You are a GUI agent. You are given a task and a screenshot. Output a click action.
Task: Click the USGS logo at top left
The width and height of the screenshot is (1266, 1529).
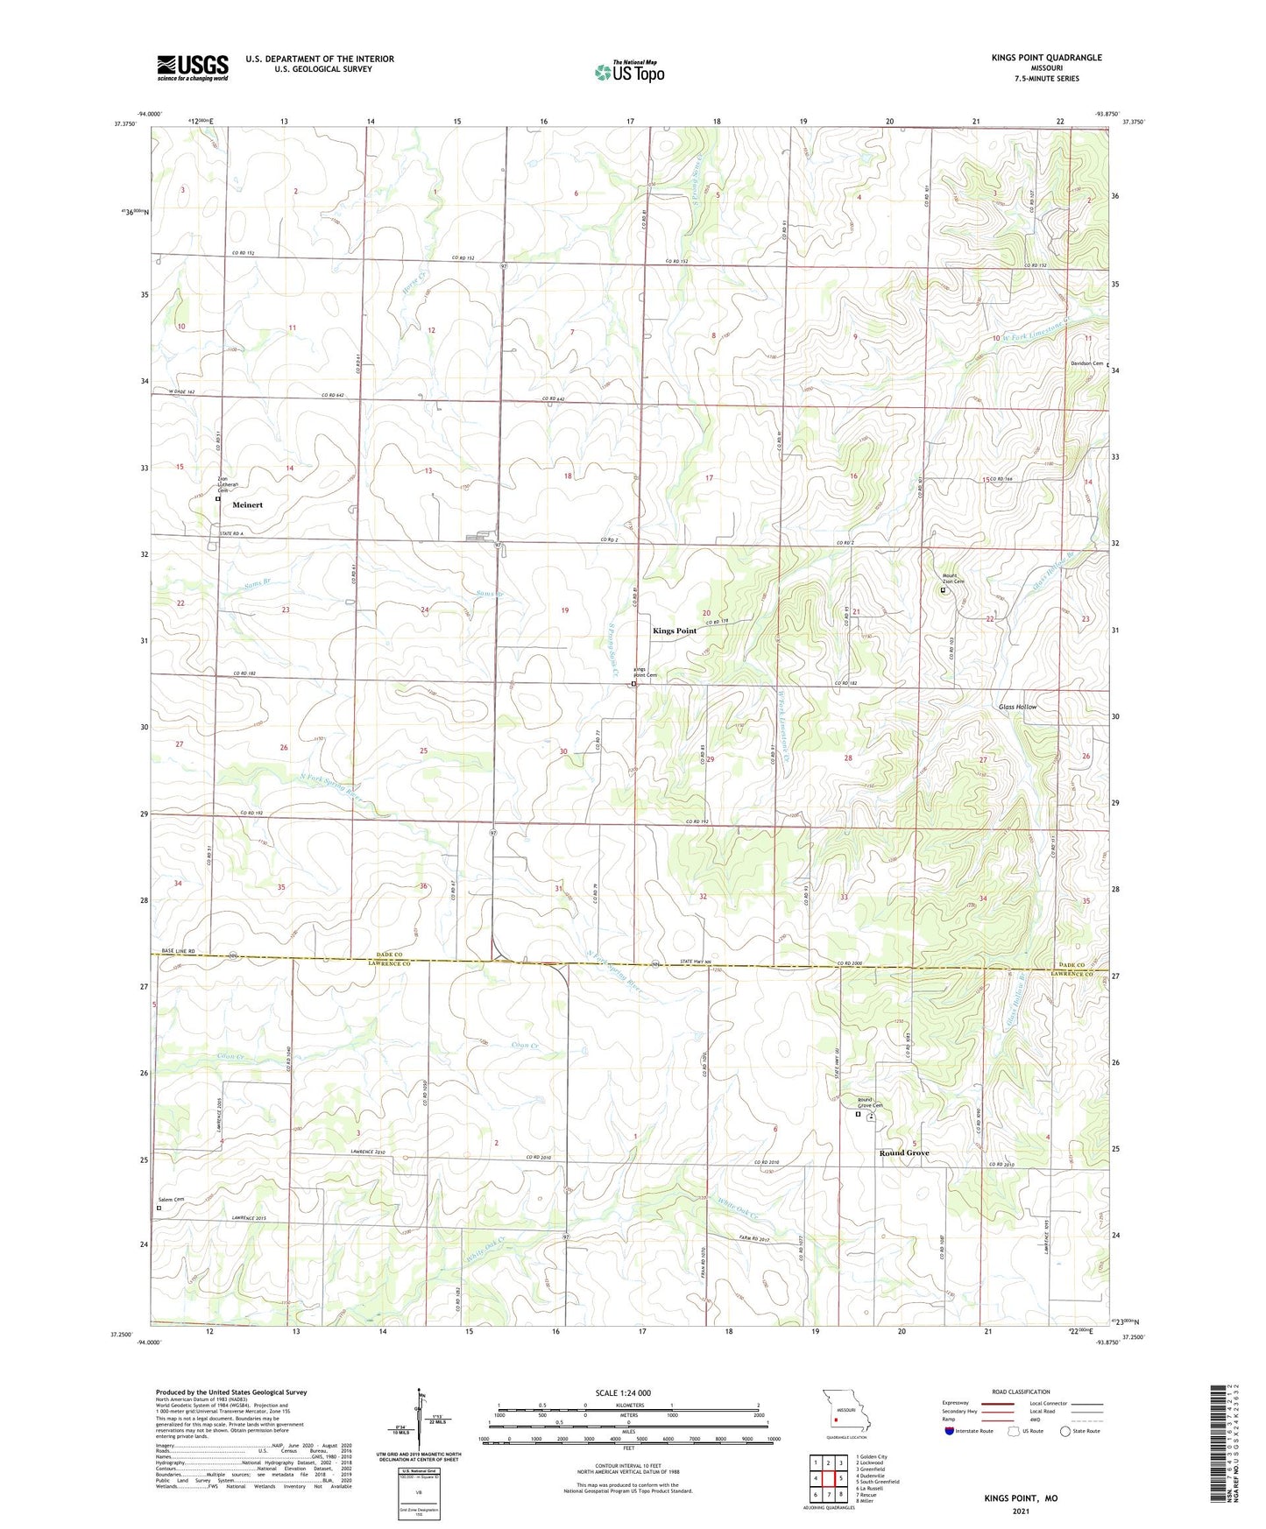click(193, 67)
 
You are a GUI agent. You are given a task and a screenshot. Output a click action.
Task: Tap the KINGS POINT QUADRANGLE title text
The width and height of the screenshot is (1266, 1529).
click(1046, 58)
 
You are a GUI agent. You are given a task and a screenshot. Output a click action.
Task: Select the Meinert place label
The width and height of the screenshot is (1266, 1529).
click(247, 505)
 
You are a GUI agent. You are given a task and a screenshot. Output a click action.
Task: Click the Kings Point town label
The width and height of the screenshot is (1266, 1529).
click(674, 631)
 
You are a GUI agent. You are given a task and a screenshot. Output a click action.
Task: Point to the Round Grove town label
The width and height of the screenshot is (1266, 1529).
click(903, 1153)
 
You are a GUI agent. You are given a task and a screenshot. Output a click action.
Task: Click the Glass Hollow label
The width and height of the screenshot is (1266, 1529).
click(1017, 707)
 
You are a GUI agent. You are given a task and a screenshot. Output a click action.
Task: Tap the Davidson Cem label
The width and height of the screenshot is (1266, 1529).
click(1086, 363)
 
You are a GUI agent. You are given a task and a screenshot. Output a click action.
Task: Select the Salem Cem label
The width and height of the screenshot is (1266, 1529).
click(171, 1199)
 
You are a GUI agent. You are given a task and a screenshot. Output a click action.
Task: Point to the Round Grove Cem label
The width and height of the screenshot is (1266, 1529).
click(869, 1103)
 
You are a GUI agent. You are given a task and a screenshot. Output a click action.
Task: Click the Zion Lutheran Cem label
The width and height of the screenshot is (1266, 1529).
click(228, 484)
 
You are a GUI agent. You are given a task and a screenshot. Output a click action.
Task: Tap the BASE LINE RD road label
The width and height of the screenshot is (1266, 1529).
click(179, 951)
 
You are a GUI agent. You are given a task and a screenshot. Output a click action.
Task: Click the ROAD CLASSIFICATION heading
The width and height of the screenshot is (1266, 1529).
click(1022, 1392)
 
